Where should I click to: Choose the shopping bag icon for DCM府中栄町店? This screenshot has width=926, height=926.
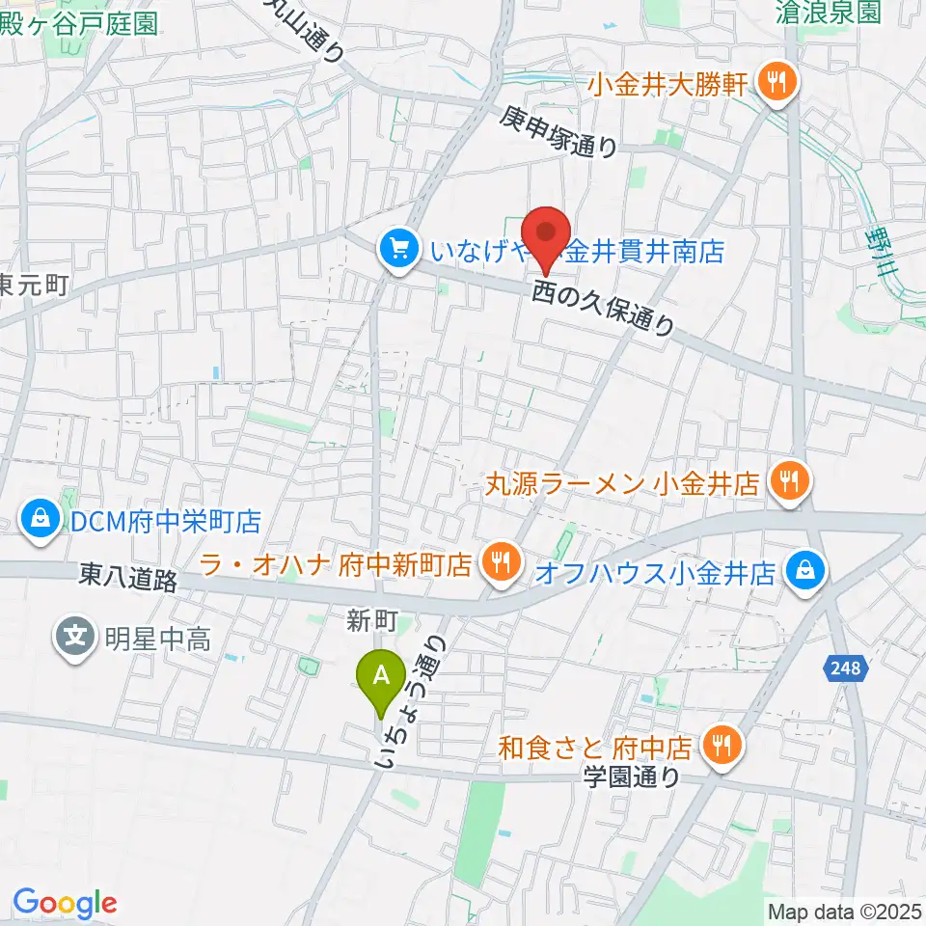pos(41,522)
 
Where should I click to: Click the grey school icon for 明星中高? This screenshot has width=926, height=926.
pos(74,637)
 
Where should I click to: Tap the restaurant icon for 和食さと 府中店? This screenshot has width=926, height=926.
pos(720,744)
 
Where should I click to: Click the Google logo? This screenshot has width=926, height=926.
pos(65,903)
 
